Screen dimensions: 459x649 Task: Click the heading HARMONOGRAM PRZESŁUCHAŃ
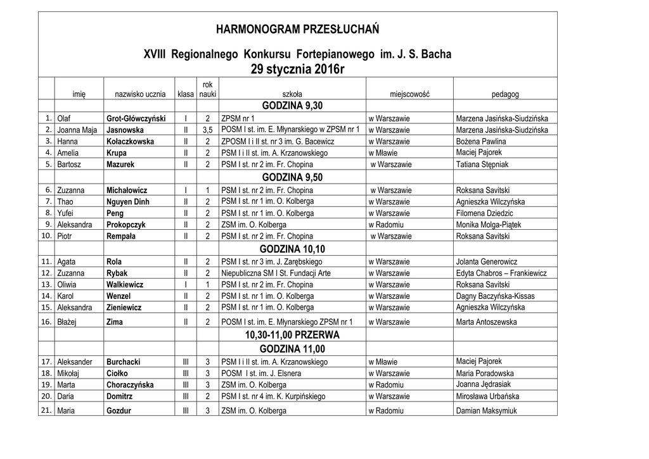[x=297, y=29]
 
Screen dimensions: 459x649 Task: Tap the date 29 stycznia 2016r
[x=297, y=69]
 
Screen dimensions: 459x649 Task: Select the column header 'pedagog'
[x=505, y=94]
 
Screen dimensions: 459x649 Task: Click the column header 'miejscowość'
[x=409, y=94]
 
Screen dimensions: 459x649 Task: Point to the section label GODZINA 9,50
[x=292, y=177]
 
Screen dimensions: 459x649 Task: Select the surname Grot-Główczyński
[x=136, y=118]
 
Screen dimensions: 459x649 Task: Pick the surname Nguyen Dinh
[x=128, y=202]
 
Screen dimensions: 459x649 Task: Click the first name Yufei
[x=65, y=213]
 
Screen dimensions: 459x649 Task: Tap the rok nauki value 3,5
[x=207, y=130]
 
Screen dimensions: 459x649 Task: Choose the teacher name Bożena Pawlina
[x=481, y=142]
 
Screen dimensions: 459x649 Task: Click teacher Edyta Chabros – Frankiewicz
[x=501, y=274]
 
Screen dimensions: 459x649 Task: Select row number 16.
[x=46, y=322]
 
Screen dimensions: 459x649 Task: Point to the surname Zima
[x=115, y=322]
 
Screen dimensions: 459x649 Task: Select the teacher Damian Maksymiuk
[x=487, y=411]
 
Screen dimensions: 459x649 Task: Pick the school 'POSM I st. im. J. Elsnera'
[x=261, y=374]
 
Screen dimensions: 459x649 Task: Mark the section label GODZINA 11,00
[x=292, y=349]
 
